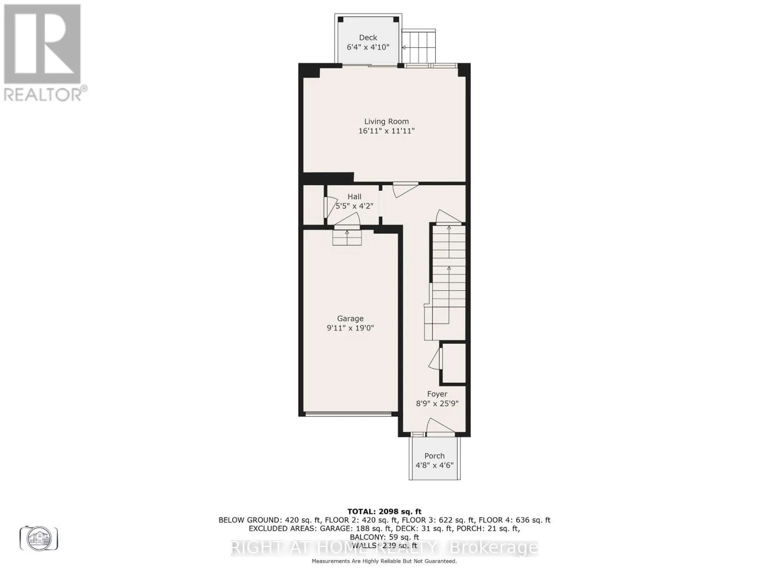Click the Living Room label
(x=386, y=122)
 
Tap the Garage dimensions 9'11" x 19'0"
(x=350, y=328)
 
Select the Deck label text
(x=368, y=38)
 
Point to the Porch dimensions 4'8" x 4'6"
(x=434, y=465)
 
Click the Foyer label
(x=437, y=394)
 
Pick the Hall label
(x=354, y=197)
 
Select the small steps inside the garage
(x=347, y=238)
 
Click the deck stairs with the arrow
(x=419, y=46)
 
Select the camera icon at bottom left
(x=39, y=538)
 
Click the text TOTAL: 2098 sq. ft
(x=384, y=512)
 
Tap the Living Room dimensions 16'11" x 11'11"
(x=386, y=131)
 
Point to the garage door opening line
(x=348, y=414)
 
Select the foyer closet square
(x=454, y=364)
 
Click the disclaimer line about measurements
(x=384, y=561)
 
